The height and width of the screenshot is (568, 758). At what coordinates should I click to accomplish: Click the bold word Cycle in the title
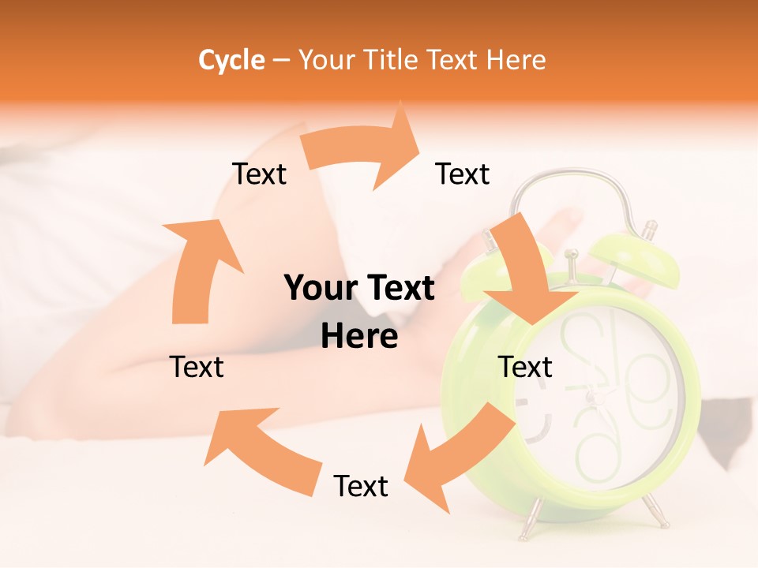[x=231, y=60]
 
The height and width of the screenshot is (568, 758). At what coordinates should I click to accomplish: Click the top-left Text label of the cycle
[x=259, y=174]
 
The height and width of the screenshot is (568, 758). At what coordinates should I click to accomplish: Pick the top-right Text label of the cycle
[x=463, y=174]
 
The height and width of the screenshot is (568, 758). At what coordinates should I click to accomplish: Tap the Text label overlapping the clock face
[x=525, y=367]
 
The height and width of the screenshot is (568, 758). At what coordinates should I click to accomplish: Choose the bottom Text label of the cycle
[x=361, y=486]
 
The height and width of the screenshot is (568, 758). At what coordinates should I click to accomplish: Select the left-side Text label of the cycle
[x=197, y=367]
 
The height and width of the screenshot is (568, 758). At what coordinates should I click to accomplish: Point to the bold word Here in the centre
[x=359, y=337]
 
